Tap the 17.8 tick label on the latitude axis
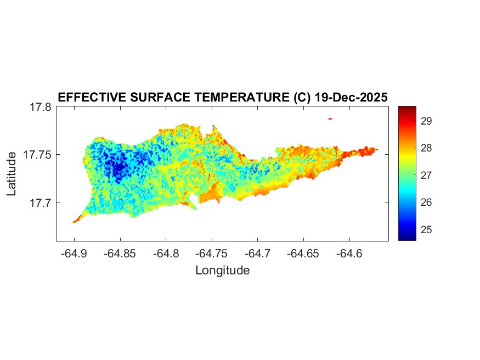(x=41, y=107)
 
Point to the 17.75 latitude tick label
(x=37, y=155)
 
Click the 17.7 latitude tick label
(x=41, y=203)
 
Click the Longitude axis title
(x=222, y=270)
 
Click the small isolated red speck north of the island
(x=330, y=119)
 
